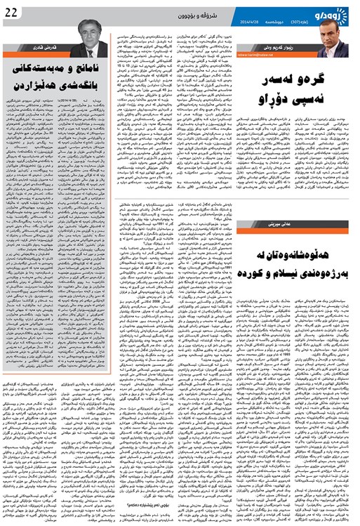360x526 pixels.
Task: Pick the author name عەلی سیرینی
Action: (x=333, y=222)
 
